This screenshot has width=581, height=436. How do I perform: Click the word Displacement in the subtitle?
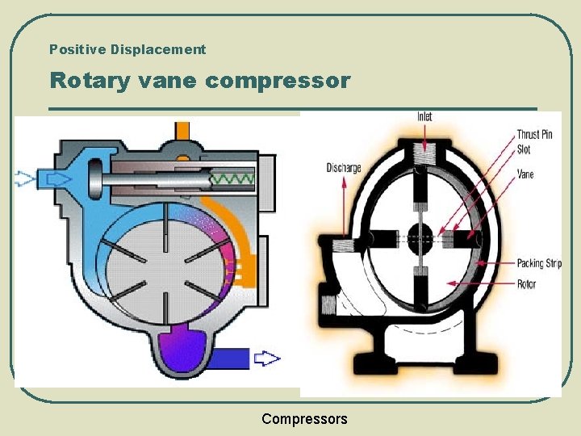pyautogui.click(x=158, y=49)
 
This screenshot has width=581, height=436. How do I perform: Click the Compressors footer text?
pyautogui.click(x=304, y=419)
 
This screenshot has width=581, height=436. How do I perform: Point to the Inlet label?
pyautogui.click(x=424, y=117)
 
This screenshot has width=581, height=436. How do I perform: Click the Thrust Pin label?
pyautogui.click(x=534, y=135)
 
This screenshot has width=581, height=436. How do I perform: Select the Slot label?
pyautogui.click(x=524, y=149)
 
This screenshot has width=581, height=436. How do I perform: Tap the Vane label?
pyautogui.click(x=525, y=174)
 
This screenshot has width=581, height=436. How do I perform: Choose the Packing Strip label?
pyautogui.click(x=538, y=263)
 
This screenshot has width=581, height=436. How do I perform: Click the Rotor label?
pyautogui.click(x=526, y=283)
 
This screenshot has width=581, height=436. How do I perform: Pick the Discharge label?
pyautogui.click(x=343, y=168)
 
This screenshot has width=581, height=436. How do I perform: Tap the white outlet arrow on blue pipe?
pyautogui.click(x=266, y=358)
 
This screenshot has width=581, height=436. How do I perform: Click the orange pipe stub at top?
pyautogui.click(x=183, y=129)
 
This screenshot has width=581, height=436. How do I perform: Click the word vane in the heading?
pyautogui.click(x=173, y=82)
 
